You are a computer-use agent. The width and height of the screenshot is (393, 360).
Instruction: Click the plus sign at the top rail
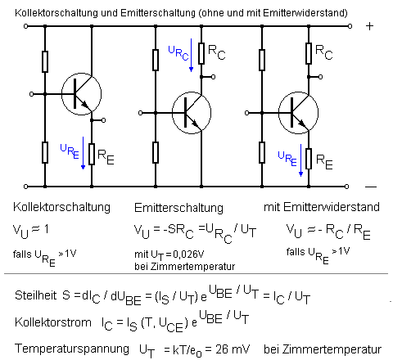click(369, 25)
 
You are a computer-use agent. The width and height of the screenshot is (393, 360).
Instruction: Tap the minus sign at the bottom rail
click(370, 186)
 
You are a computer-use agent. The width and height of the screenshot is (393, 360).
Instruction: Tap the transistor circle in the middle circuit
click(192, 110)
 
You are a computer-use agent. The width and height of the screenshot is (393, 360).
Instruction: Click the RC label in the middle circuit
click(218, 52)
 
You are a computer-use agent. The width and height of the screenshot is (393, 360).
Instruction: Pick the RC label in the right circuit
click(324, 54)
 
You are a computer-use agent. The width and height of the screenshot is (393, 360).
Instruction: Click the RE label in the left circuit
click(106, 152)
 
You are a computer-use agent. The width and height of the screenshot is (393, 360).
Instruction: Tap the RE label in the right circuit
click(324, 162)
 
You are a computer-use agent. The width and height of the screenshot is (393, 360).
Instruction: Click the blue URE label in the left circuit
click(70, 150)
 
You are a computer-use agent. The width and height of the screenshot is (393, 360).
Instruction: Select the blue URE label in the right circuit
click(287, 155)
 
